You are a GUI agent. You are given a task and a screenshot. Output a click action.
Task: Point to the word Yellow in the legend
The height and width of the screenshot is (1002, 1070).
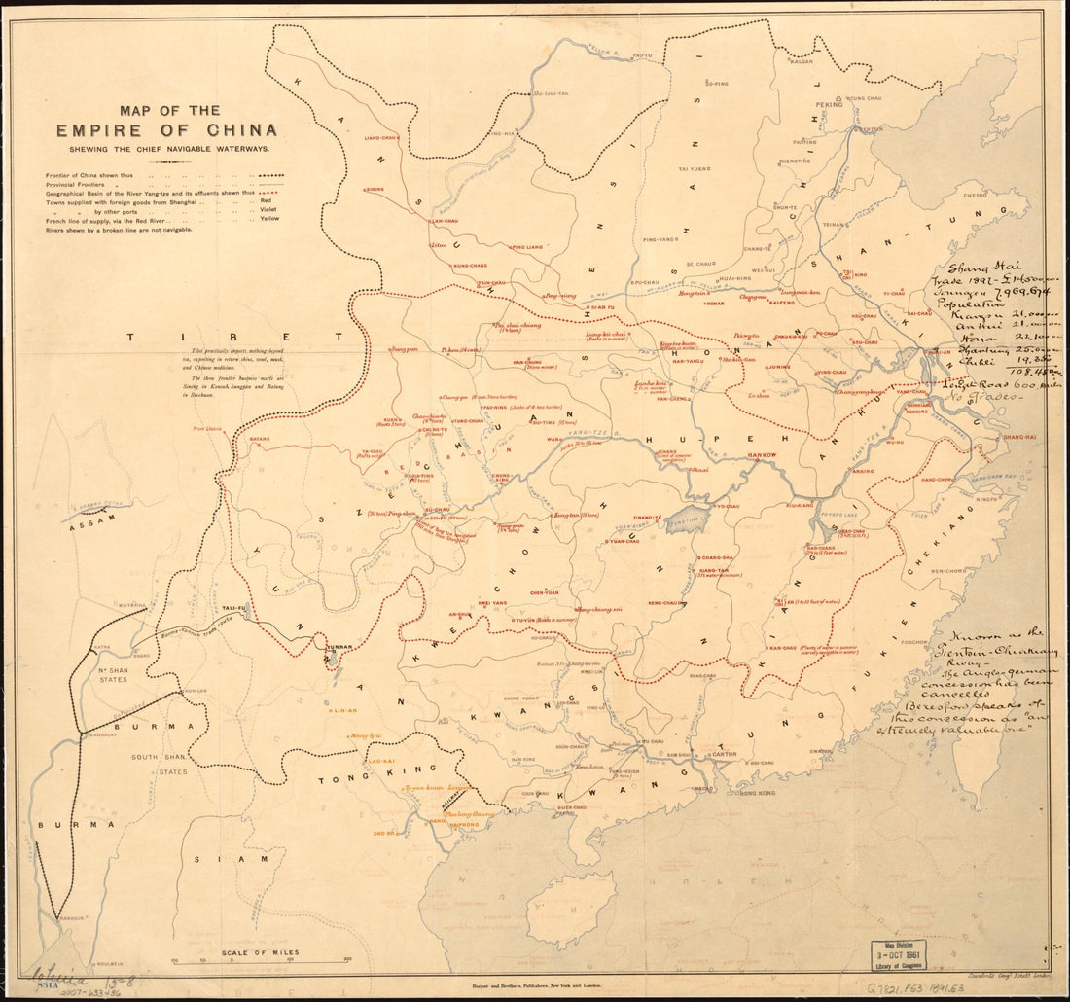(x=269, y=219)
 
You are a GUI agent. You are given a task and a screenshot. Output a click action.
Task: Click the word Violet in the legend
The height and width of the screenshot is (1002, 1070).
(x=268, y=209)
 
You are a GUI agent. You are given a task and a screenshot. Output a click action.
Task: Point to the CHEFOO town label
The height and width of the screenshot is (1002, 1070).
(x=976, y=196)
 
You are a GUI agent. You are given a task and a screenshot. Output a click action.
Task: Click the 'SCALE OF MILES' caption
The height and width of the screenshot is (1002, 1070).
(x=260, y=952)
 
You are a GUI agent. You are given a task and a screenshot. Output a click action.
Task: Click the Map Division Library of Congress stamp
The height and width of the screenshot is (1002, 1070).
(x=898, y=955)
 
